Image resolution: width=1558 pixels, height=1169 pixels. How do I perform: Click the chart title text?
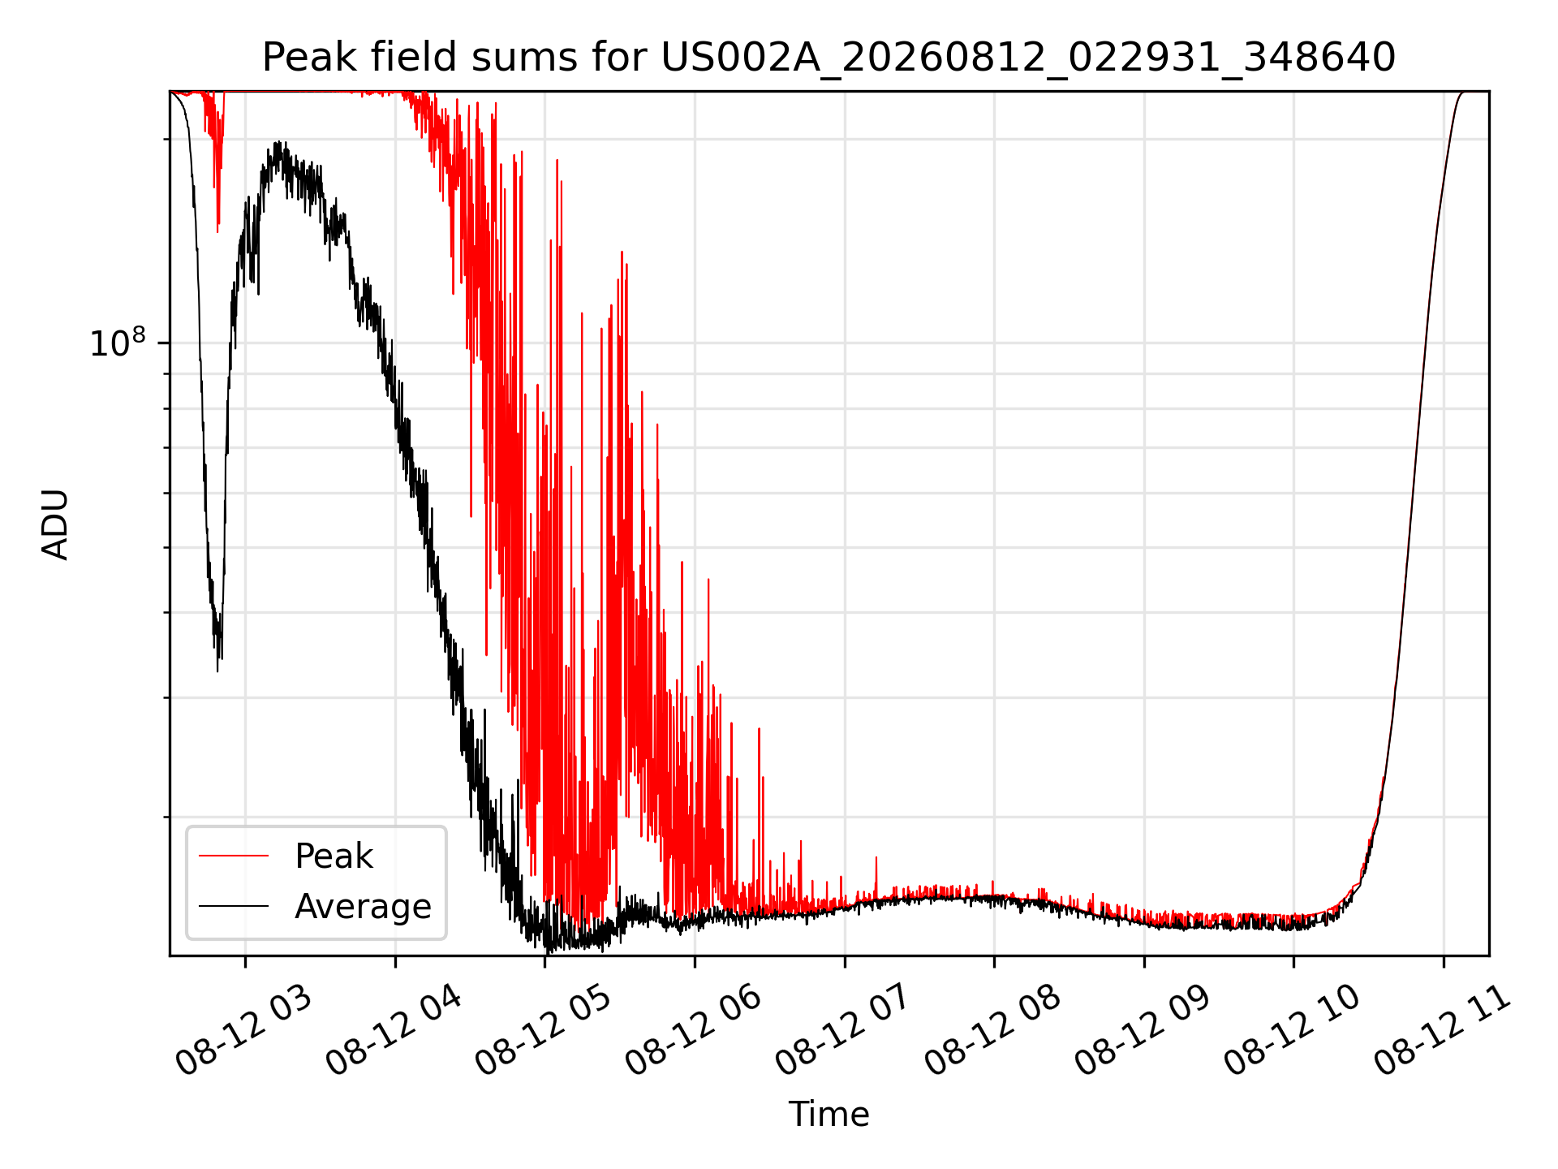[828, 58]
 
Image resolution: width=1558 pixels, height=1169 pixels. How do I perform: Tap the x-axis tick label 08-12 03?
[243, 1031]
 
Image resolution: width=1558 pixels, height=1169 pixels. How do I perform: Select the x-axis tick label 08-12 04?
[394, 1031]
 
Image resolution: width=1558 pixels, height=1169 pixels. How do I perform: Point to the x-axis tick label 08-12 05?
[543, 1031]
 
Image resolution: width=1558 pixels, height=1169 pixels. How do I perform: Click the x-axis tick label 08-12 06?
[693, 1031]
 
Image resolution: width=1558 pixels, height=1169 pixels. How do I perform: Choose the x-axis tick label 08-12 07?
[842, 1031]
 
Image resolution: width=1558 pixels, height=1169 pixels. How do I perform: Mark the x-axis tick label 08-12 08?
[992, 1031]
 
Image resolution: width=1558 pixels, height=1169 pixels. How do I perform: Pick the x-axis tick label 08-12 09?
[1142, 1031]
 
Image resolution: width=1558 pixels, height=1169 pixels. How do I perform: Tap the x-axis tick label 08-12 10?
[1292, 1031]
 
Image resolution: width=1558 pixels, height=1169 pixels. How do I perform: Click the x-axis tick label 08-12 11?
[1441, 1031]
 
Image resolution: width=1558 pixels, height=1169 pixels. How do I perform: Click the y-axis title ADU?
[55, 524]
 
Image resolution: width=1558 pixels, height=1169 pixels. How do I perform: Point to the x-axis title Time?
[828, 1115]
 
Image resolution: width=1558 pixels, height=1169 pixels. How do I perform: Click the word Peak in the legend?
[334, 856]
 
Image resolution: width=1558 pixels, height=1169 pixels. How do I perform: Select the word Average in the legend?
[363, 907]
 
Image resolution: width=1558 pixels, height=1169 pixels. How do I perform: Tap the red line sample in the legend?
[234, 856]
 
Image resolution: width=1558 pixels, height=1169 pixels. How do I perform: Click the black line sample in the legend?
[234, 906]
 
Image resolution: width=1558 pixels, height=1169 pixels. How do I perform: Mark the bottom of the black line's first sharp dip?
[217, 671]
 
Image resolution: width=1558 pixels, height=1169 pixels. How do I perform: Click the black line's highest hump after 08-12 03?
[278, 142]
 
